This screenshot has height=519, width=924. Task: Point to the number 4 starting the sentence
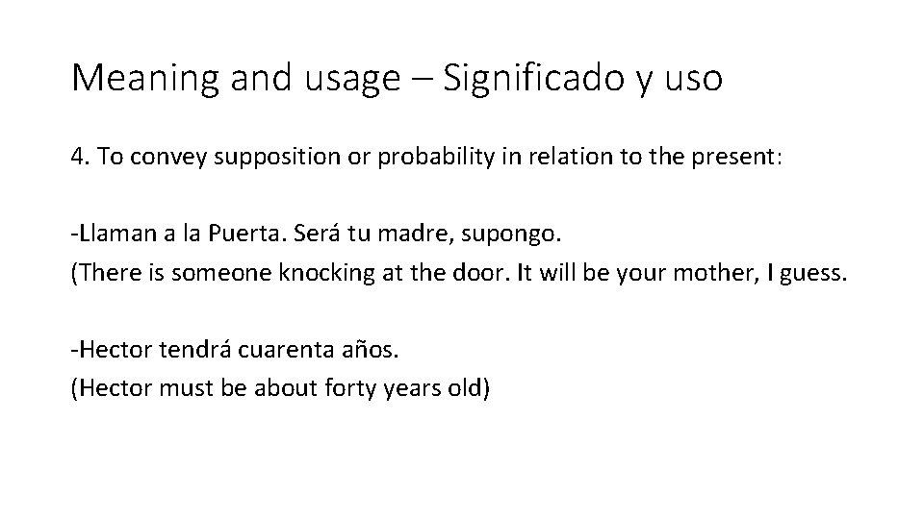click(76, 157)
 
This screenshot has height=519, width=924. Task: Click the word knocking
click(323, 274)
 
